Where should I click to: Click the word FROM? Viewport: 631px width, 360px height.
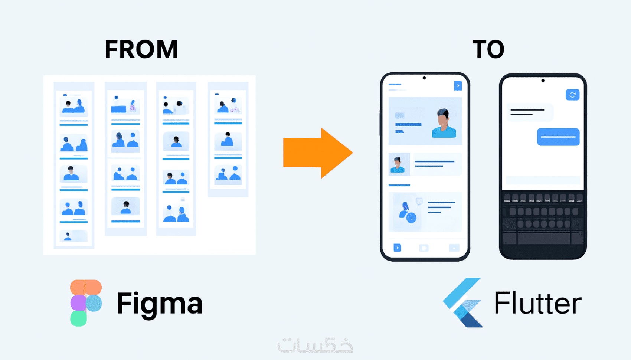(x=141, y=49)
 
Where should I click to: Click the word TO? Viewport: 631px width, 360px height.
(x=488, y=49)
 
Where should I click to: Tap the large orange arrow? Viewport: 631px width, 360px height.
(x=318, y=153)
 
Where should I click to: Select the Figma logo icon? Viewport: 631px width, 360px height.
(x=86, y=303)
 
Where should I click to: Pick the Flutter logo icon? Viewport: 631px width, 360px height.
(x=462, y=302)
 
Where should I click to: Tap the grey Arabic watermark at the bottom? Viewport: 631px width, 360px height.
(x=315, y=345)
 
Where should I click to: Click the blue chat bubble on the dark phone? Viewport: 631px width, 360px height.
(x=558, y=137)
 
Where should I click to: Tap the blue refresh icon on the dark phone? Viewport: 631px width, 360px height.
(x=572, y=95)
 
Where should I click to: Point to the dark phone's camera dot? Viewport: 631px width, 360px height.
(x=543, y=81)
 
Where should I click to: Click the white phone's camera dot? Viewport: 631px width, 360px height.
(x=424, y=78)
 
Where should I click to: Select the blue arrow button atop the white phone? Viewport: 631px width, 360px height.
(x=458, y=86)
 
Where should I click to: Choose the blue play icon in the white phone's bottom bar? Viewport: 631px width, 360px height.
(x=397, y=248)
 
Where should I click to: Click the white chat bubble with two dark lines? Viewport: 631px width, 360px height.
(x=530, y=112)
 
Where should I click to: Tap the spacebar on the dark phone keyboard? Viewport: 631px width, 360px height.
(x=544, y=239)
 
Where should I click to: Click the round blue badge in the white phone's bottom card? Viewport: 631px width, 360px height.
(x=411, y=218)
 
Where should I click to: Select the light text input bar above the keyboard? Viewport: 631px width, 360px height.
(x=543, y=180)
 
